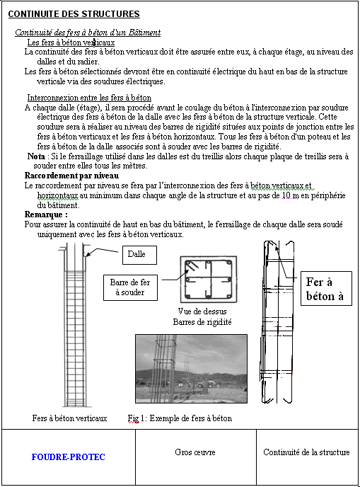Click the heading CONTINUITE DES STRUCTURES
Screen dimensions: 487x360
[x=74, y=14]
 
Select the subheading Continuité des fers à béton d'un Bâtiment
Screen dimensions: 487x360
[x=88, y=33]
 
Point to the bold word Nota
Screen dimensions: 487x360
[x=35, y=155]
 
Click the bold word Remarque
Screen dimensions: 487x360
[x=46, y=213]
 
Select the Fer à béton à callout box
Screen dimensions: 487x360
[x=325, y=289]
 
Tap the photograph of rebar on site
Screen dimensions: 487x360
[x=191, y=368]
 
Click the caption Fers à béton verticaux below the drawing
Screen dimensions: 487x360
[x=69, y=418]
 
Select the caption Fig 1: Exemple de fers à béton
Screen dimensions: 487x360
[x=180, y=418]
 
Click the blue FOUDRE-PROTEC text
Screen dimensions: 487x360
[x=68, y=457]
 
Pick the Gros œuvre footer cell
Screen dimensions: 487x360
[x=194, y=452]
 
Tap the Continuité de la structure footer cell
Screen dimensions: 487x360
[x=306, y=452]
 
